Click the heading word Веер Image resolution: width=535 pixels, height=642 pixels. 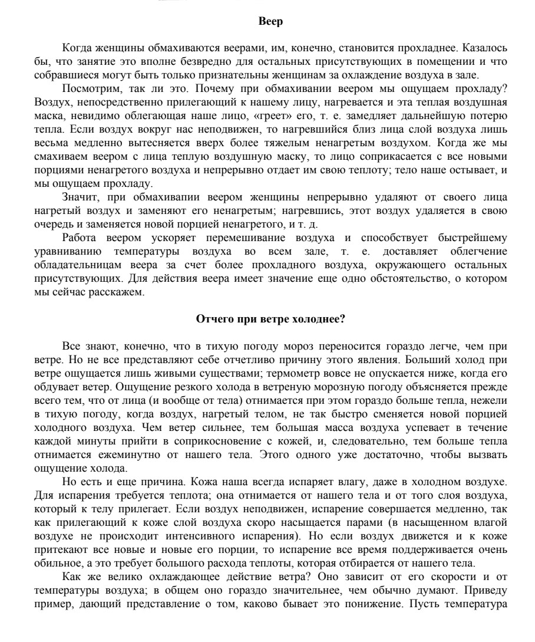(271, 22)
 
